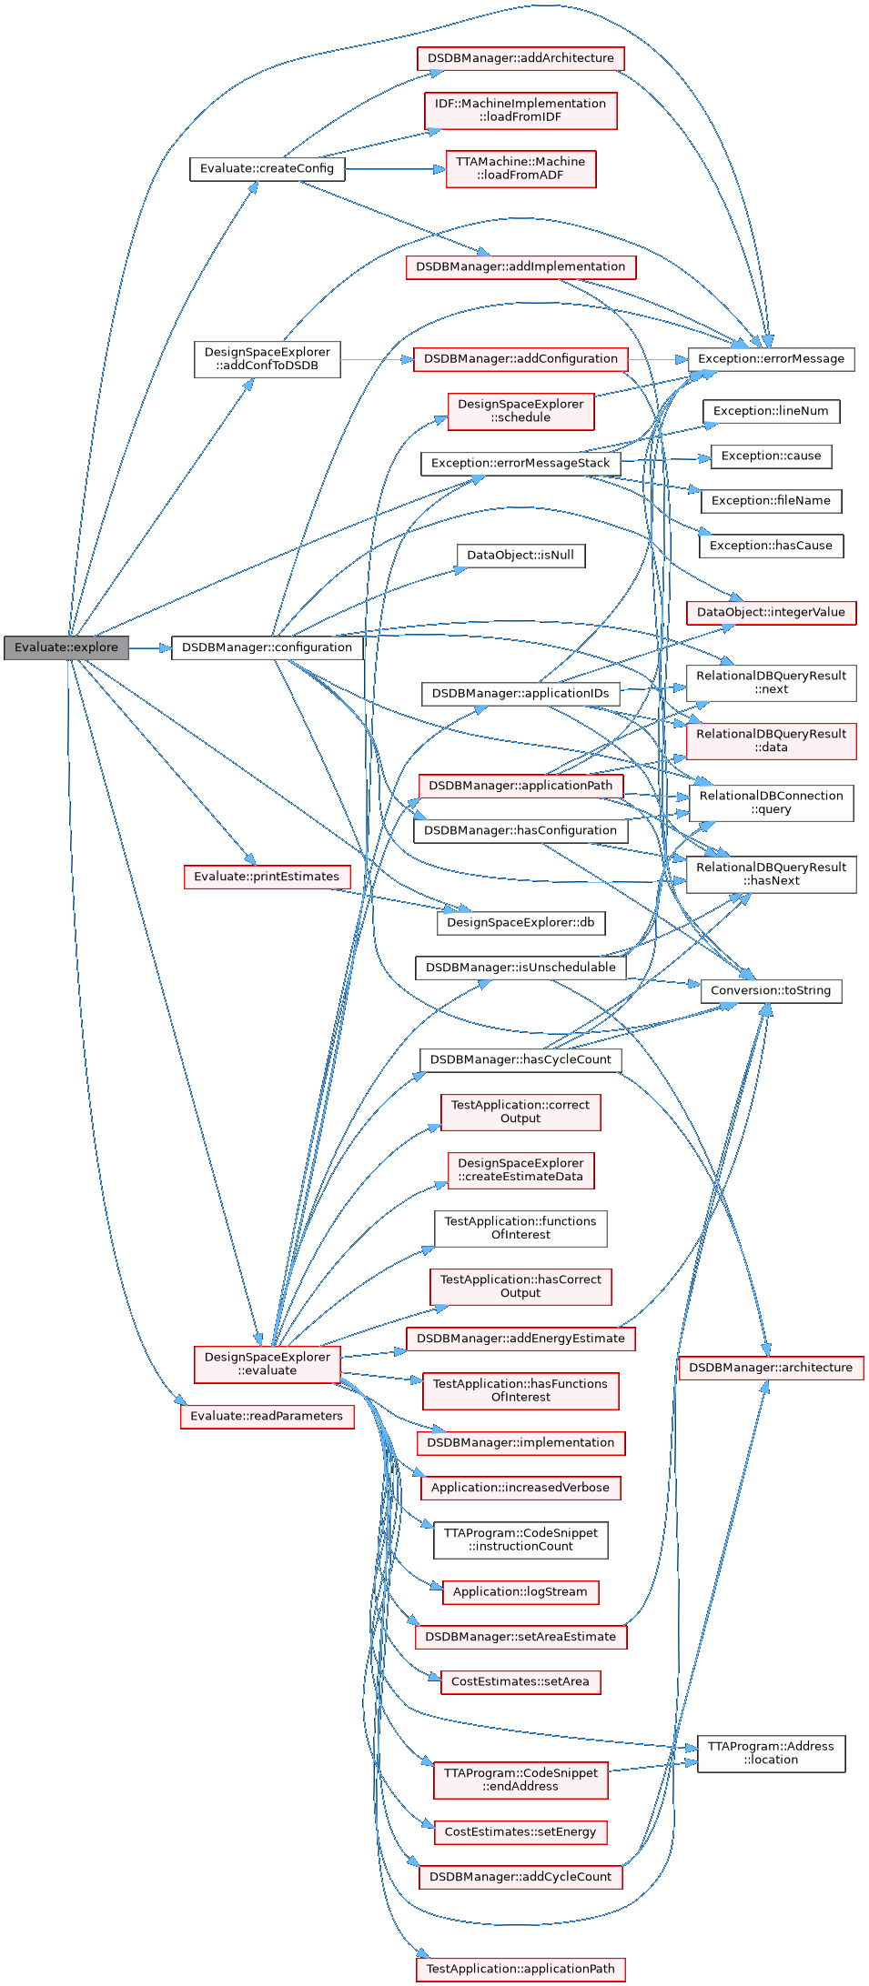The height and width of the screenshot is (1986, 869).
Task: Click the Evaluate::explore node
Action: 66,647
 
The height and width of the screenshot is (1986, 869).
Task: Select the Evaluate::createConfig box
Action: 267,169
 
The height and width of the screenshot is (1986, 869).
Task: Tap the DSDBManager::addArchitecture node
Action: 520,58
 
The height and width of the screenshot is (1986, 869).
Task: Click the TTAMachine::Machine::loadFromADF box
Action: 520,169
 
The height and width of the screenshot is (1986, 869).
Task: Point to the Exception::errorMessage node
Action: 771,359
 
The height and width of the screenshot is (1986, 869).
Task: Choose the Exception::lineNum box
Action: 771,411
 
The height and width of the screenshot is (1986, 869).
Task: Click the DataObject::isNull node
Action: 520,556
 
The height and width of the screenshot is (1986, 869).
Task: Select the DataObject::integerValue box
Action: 771,613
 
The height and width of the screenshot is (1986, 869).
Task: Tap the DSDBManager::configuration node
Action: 267,647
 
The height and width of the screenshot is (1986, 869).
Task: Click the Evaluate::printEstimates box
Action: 267,877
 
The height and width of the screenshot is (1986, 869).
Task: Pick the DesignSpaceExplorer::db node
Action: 520,923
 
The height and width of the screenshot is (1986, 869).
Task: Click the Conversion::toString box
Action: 771,991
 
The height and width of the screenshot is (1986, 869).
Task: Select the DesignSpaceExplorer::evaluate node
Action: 267,1364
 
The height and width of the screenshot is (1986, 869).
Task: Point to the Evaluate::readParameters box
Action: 267,1417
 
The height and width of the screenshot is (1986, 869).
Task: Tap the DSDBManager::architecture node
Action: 771,1368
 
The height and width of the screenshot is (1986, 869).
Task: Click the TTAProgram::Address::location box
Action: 771,1753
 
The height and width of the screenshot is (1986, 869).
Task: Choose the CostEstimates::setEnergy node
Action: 520,1832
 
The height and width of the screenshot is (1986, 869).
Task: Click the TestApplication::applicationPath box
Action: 520,1970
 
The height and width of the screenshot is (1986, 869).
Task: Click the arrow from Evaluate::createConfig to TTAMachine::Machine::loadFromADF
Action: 395,169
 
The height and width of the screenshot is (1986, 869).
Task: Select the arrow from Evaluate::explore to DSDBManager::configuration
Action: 150,647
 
